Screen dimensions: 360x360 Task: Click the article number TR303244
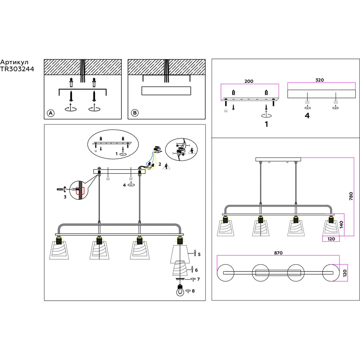click(17, 70)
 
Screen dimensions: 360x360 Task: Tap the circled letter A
click(51, 113)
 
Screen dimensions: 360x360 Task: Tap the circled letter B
click(135, 113)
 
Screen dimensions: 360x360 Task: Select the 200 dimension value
click(249, 81)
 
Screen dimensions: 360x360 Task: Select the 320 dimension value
click(320, 80)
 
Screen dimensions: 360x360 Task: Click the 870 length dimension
click(278, 253)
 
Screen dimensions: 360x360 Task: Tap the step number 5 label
click(199, 254)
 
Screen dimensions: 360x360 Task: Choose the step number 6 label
click(197, 270)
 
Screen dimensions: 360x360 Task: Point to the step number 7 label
click(198, 279)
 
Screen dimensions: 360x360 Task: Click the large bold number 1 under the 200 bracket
click(266, 125)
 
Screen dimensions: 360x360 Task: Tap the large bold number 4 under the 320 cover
click(307, 116)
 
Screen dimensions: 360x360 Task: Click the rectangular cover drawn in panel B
click(166, 91)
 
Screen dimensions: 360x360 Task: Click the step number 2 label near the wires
click(159, 164)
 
